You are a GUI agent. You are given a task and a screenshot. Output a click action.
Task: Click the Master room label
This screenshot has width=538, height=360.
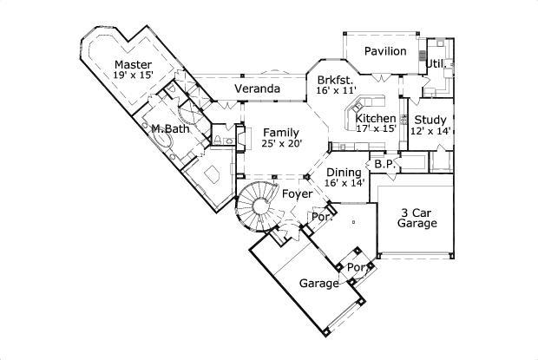pos(133,65)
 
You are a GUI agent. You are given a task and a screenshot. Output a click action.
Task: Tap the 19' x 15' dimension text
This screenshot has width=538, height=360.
pos(133,76)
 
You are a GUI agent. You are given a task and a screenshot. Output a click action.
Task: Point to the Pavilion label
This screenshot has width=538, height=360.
pos(384,51)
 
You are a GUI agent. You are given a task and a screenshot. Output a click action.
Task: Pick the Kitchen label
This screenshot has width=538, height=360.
pos(376,118)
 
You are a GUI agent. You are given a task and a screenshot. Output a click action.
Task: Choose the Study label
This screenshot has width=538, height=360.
pos(430,120)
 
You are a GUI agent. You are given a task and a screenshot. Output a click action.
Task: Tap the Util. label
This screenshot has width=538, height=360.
pos(436,63)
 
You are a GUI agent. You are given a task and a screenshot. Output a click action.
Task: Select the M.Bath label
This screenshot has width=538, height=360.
pos(170,129)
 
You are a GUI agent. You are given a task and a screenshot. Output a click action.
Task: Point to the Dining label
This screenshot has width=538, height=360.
pos(344,173)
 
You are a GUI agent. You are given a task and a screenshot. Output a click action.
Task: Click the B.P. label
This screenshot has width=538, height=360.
pos(384,163)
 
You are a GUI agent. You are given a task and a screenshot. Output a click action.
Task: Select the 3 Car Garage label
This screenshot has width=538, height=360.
pos(417,218)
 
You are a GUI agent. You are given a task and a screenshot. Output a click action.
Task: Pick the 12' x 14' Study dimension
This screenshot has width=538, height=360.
pos(430,132)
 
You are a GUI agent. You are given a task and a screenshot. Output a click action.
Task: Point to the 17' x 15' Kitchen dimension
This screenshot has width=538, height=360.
pos(376,128)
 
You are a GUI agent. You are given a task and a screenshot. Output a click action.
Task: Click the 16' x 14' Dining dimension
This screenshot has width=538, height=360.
pos(344,184)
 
